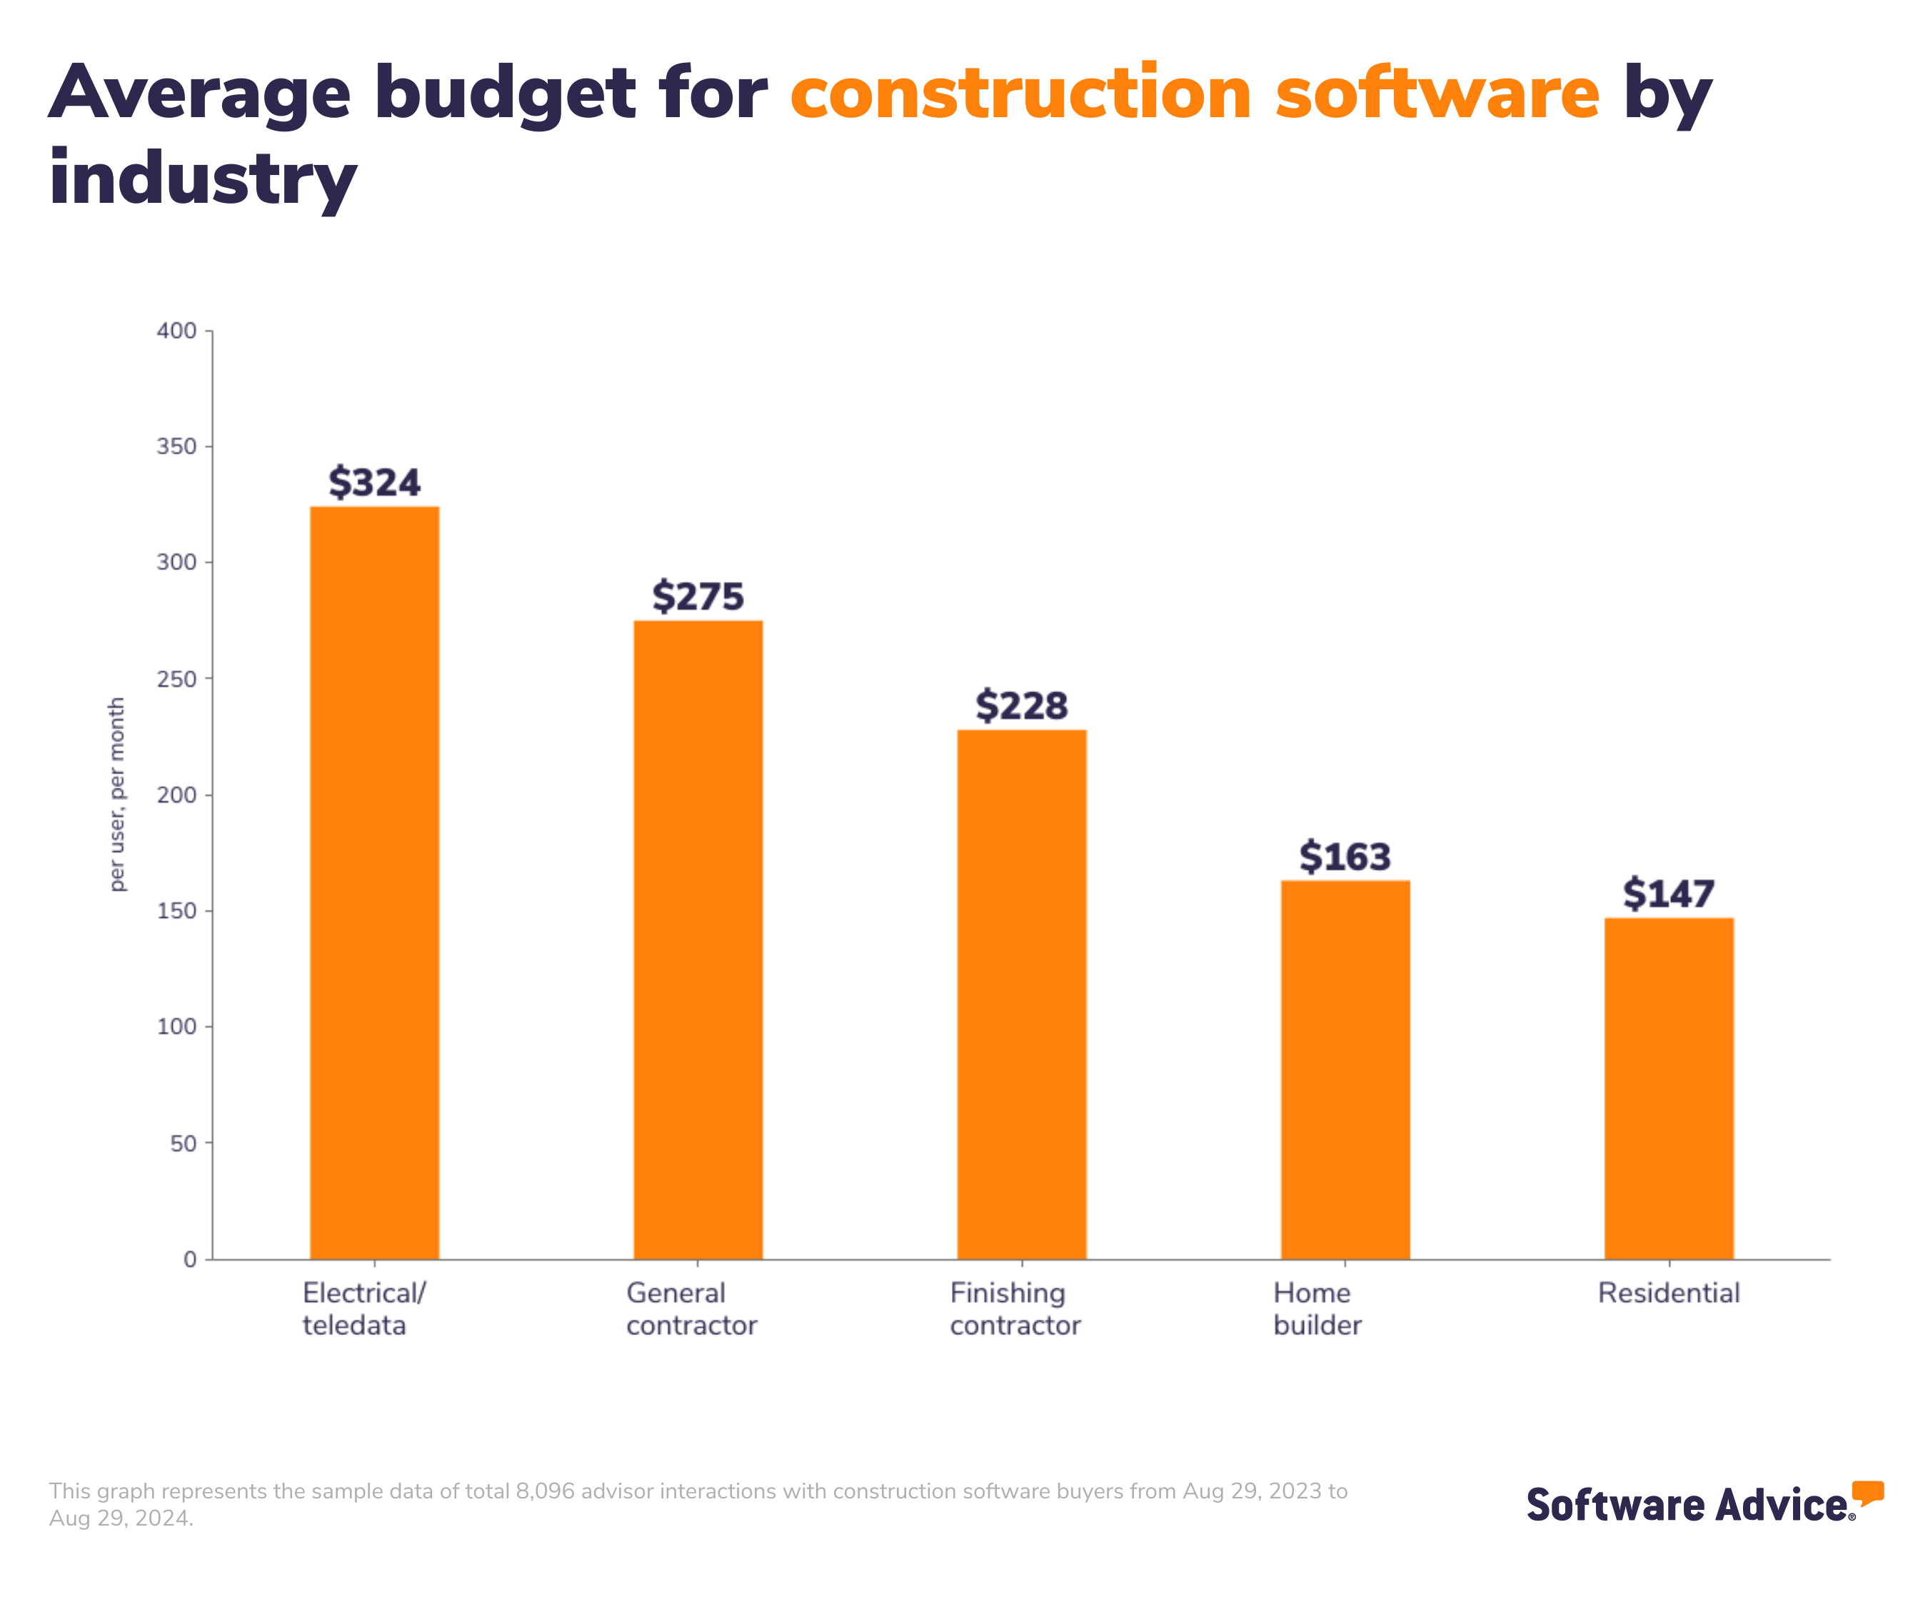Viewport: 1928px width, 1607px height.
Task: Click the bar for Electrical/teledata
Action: click(x=375, y=881)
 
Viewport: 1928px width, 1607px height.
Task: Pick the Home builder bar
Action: click(x=1345, y=1070)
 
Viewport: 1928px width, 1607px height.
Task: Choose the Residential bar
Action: click(x=1669, y=1088)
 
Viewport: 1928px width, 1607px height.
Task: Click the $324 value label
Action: click(x=375, y=483)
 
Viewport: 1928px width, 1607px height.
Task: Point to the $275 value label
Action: click(x=698, y=597)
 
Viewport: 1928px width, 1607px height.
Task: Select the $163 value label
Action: click(x=1345, y=857)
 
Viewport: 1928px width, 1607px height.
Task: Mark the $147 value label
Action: click(x=1669, y=894)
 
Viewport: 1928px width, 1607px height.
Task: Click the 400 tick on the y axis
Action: click(x=177, y=331)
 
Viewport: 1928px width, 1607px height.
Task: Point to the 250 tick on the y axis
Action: click(x=177, y=679)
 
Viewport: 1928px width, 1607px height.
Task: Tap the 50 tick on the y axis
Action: click(x=184, y=1143)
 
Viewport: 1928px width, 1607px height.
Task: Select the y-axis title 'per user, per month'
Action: click(x=116, y=794)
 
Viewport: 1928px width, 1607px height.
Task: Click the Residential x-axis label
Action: click(x=1669, y=1293)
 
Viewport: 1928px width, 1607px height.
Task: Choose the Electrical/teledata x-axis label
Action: click(x=363, y=1308)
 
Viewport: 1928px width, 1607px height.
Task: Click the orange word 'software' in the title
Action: click(x=1437, y=94)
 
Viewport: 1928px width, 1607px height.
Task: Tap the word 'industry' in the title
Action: click(x=203, y=179)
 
